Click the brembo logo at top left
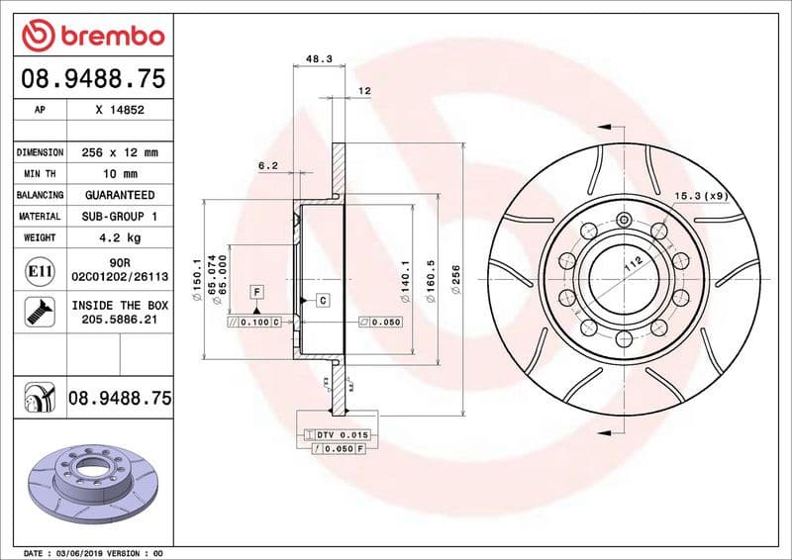[x=92, y=36]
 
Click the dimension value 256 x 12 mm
[x=120, y=152]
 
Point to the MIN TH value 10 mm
[x=120, y=174]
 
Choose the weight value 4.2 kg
[x=120, y=237]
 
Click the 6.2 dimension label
[x=267, y=166]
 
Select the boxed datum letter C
[x=323, y=299]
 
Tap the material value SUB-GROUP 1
[x=120, y=216]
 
